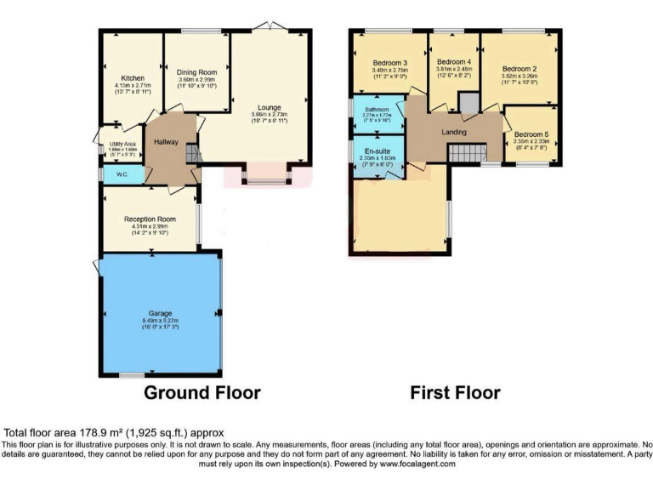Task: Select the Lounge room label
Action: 269,107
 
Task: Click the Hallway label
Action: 166,142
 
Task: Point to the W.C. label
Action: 110,175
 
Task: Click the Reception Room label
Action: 150,219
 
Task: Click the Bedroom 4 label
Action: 453,62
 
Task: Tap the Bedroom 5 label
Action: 531,134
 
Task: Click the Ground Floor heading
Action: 202,392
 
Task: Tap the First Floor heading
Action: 455,392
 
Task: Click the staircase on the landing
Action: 466,153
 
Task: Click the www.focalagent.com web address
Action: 406,464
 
